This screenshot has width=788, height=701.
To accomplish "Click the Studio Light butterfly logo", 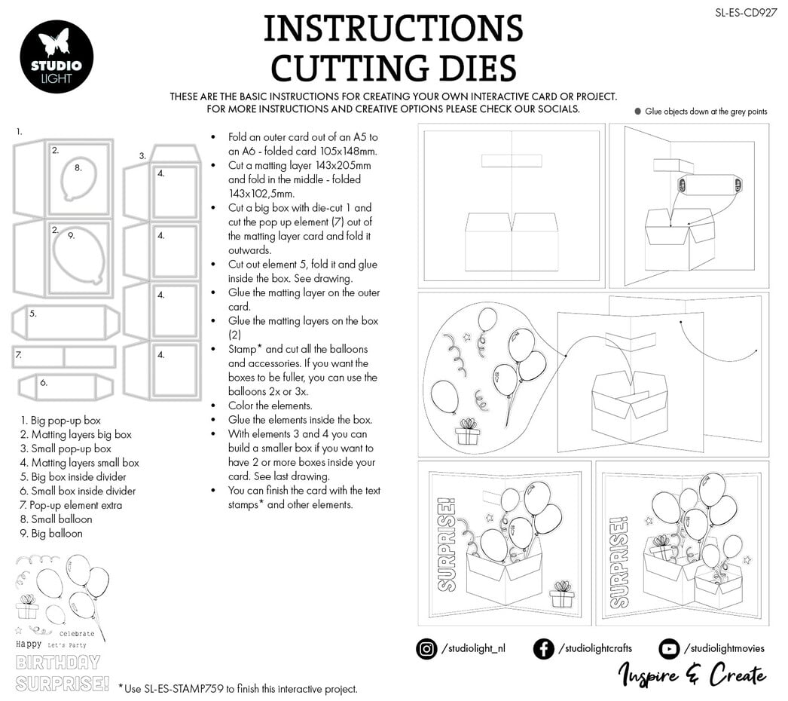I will click(x=57, y=57).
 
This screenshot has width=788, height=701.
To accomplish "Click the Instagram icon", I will click(x=426, y=648).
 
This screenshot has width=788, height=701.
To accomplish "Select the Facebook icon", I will click(x=543, y=648).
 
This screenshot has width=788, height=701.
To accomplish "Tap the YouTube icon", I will click(x=668, y=648).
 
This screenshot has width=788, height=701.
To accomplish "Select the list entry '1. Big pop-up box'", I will click(x=61, y=421).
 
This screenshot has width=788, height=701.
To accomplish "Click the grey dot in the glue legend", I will click(x=637, y=112).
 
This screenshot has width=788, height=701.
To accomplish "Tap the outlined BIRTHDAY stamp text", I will click(x=58, y=663).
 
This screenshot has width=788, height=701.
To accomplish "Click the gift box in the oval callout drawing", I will click(x=467, y=432).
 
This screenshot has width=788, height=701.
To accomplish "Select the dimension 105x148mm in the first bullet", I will click(x=333, y=151).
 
